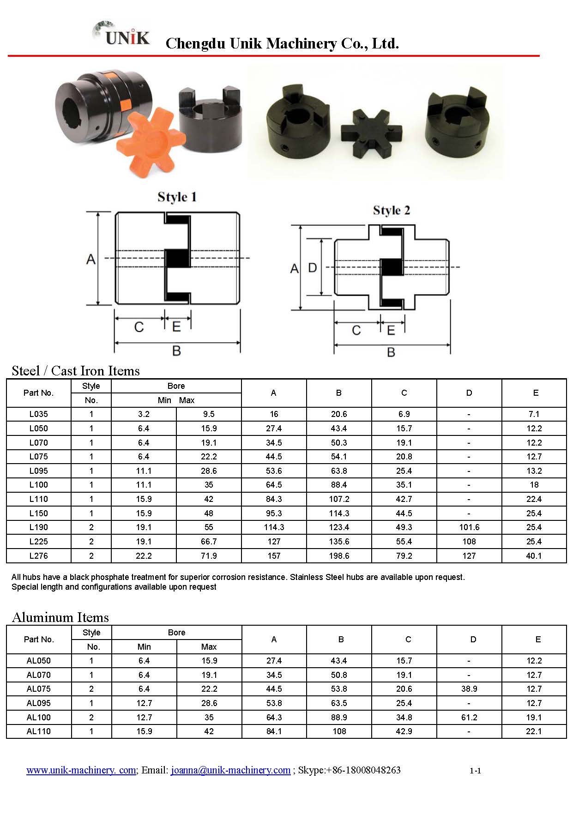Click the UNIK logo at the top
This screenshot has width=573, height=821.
tap(122, 34)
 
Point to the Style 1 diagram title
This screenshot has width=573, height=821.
tap(177, 197)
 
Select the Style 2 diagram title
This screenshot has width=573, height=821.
tap(391, 211)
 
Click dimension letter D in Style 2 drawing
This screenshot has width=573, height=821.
tap(313, 268)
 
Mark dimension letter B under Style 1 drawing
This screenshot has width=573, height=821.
tap(176, 351)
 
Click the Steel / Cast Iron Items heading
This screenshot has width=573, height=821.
tap(76, 371)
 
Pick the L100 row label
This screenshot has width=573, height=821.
tap(38, 485)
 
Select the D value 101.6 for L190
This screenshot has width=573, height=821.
tap(469, 527)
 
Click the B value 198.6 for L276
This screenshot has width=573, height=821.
tap(339, 556)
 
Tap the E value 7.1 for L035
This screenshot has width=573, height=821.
tap(534, 414)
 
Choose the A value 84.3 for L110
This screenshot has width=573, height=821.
tap(274, 499)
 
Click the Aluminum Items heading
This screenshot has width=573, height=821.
tap(60, 617)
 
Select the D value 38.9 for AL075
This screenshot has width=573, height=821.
tap(469, 689)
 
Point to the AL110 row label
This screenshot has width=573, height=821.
tap(38, 731)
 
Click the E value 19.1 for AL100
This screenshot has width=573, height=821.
tap(534, 718)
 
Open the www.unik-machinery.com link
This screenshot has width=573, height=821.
tap(81, 770)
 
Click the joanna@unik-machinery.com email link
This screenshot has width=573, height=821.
tap(230, 770)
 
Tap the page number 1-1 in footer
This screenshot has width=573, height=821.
tap(475, 771)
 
